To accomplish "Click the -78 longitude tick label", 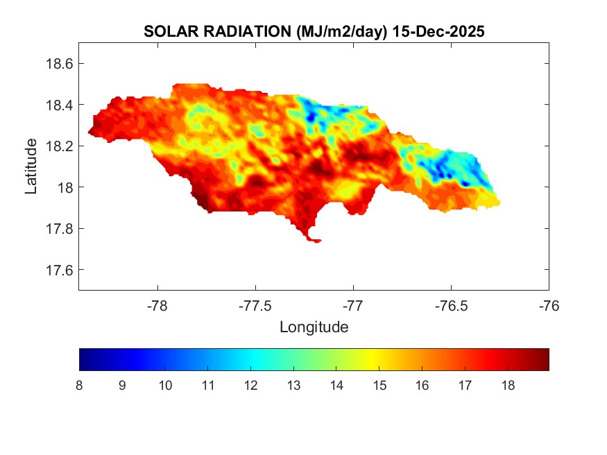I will click(158, 305).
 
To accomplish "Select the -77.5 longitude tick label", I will click(256, 305).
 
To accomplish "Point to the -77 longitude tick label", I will click(354, 305).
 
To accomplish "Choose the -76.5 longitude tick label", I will click(452, 305).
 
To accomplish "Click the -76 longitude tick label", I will click(549, 305).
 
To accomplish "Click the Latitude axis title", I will click(31, 166).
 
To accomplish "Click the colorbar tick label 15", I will click(379, 386).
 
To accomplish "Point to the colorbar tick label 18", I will click(508, 386).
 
